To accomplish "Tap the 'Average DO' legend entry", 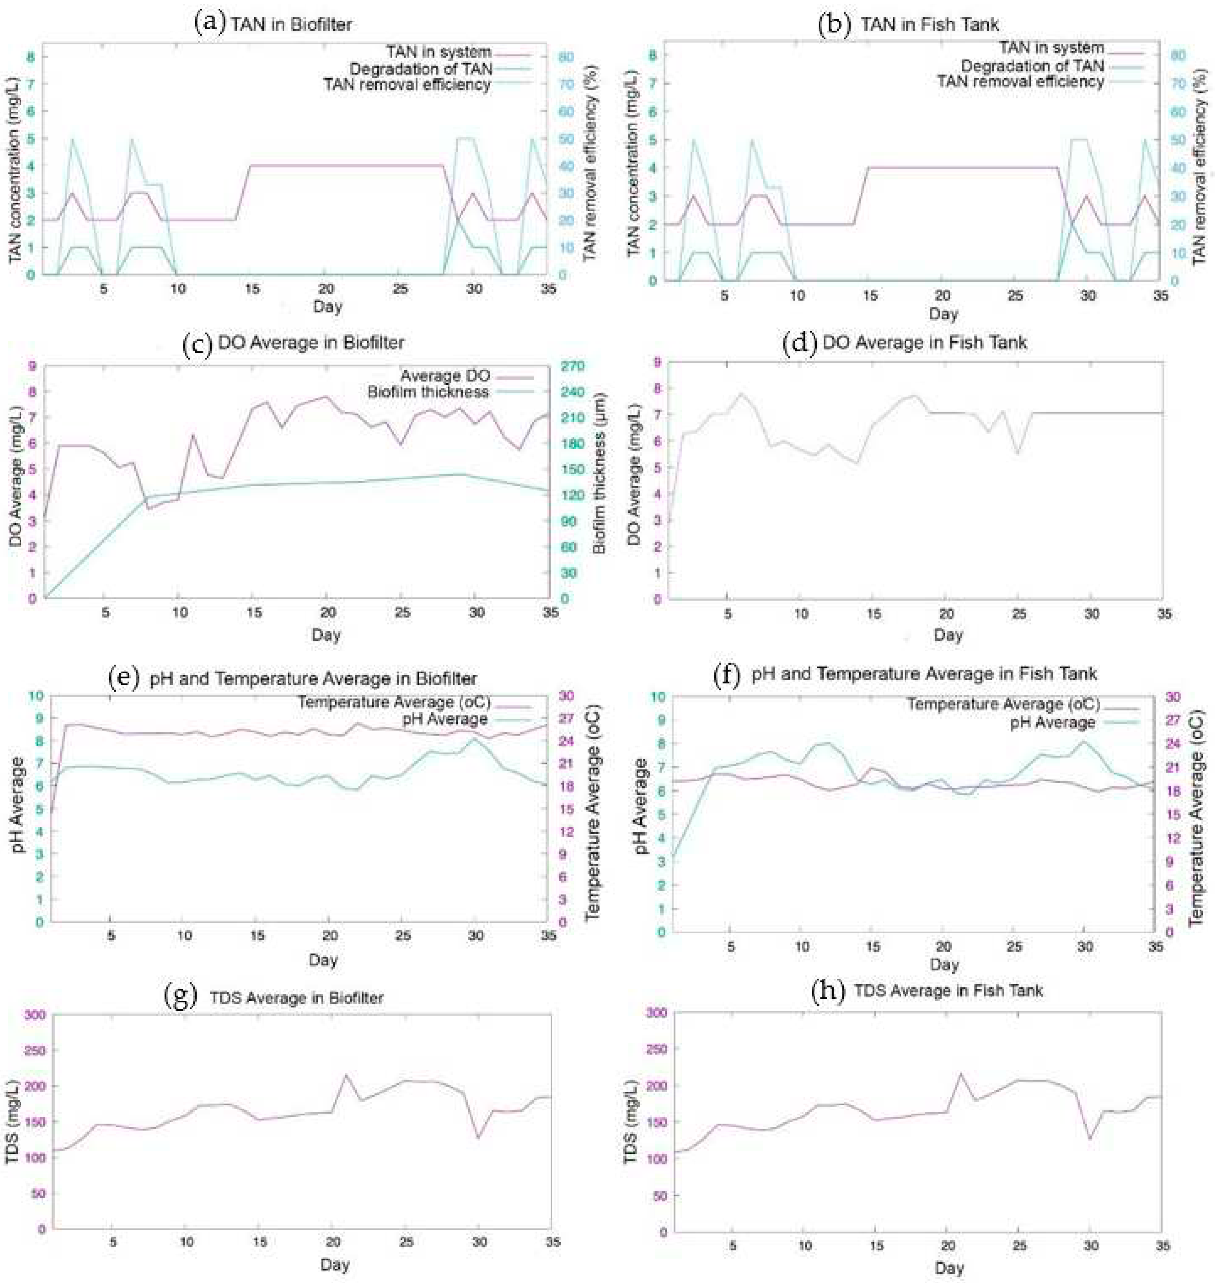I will (x=445, y=376).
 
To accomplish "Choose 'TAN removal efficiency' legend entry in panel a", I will (x=407, y=84).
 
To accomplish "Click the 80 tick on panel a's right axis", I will (x=566, y=57).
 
